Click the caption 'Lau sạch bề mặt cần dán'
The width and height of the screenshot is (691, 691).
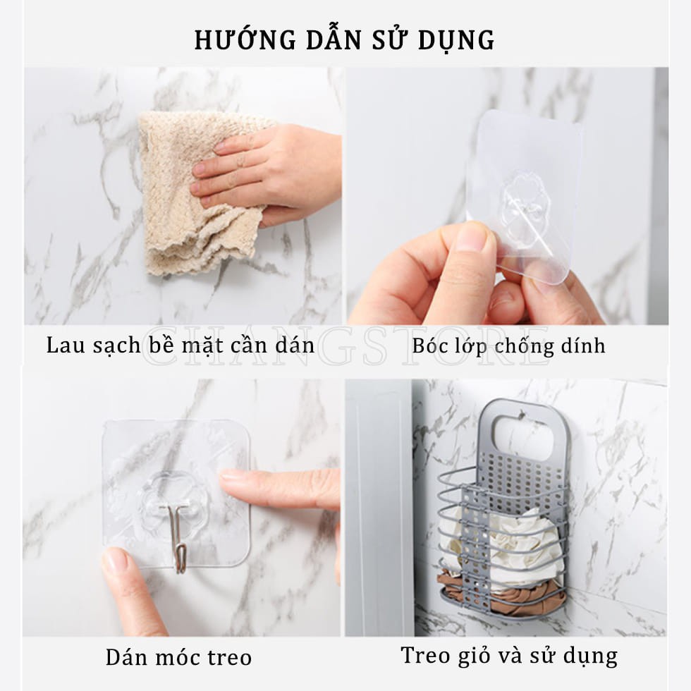[181, 345]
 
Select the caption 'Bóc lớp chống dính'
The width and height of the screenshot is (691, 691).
[508, 345]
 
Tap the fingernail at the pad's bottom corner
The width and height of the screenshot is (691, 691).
[115, 560]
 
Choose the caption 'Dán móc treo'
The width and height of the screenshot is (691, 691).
[178, 657]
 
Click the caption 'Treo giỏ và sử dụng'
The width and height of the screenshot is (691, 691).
[509, 655]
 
